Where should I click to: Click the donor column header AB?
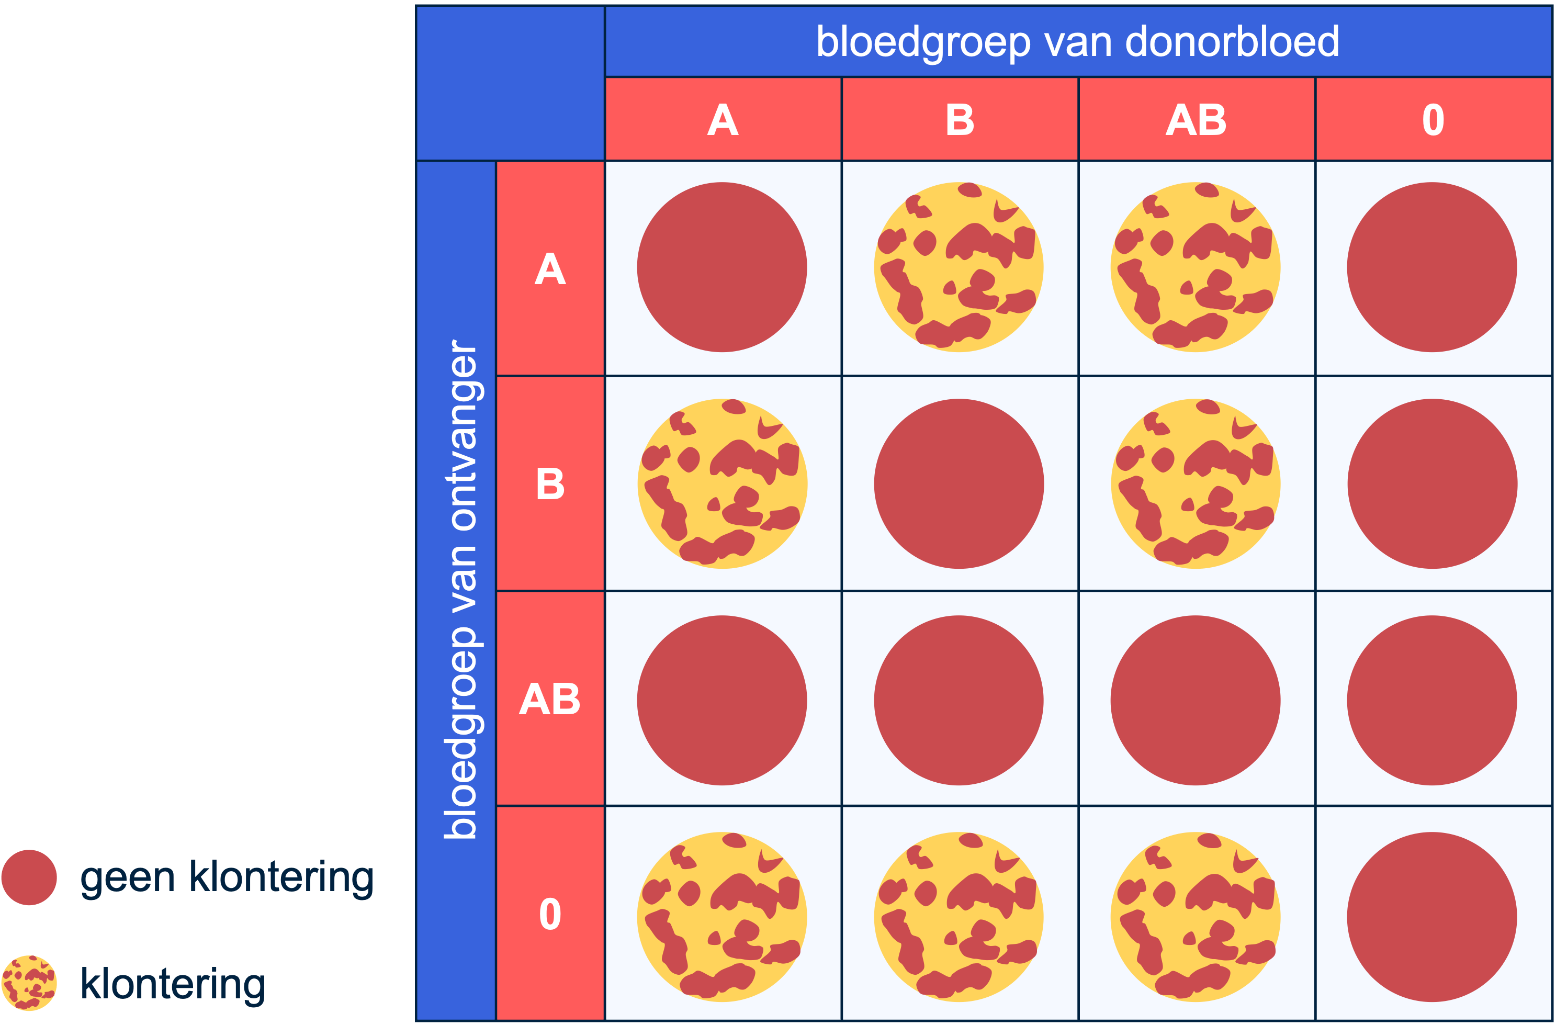(x=1196, y=120)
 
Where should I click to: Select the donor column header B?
(x=960, y=120)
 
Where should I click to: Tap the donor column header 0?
(x=1433, y=120)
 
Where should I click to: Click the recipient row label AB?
(x=550, y=699)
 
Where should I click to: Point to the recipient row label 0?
(x=550, y=915)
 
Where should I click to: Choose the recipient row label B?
(x=550, y=483)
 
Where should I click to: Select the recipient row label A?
(x=550, y=269)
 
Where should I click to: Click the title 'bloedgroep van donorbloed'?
(x=1078, y=42)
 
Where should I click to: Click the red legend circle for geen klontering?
(x=29, y=877)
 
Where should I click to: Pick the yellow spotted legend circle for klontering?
(x=29, y=983)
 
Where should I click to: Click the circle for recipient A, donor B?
(x=959, y=267)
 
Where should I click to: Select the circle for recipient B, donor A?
(x=722, y=483)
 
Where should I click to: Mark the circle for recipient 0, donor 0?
(x=1432, y=917)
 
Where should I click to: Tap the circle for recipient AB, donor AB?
(x=1195, y=701)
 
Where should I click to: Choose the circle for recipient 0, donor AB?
(x=1195, y=917)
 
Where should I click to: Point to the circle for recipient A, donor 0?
(x=1432, y=267)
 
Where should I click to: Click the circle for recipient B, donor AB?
(x=1195, y=483)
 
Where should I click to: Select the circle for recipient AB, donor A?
(x=722, y=701)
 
